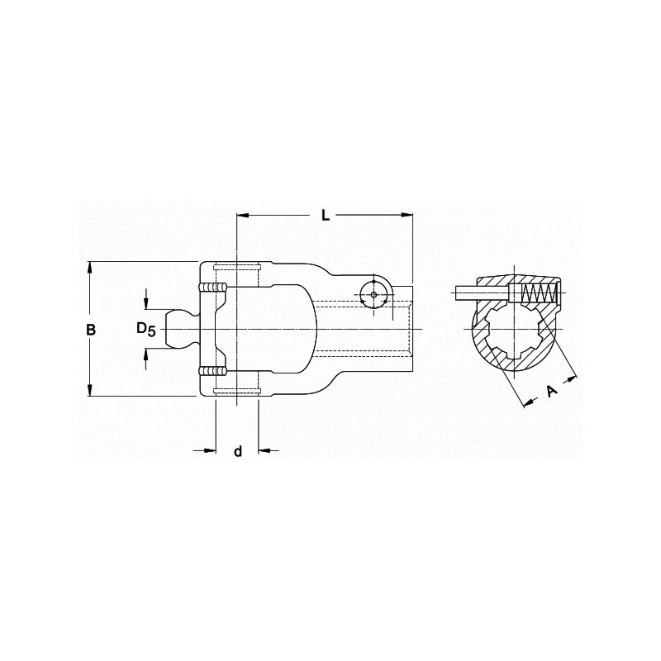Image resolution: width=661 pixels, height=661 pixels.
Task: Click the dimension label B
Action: pyautogui.click(x=92, y=330)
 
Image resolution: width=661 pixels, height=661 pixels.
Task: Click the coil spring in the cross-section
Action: pyautogui.click(x=541, y=293)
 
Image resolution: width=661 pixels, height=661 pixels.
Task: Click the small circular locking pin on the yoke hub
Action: pyautogui.click(x=374, y=295)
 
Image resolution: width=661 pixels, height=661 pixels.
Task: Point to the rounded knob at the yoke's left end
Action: pyautogui.click(x=178, y=329)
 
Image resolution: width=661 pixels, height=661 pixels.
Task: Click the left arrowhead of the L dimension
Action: pyautogui.click(x=242, y=216)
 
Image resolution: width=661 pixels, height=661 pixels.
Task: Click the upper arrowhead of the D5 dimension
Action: pyautogui.click(x=146, y=303)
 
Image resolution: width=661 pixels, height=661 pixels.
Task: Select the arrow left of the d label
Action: pyautogui.click(x=209, y=450)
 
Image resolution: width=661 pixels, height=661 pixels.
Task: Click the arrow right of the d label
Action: pyautogui.click(x=264, y=450)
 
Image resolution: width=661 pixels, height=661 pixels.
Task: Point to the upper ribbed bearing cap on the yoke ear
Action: pyautogui.click(x=212, y=287)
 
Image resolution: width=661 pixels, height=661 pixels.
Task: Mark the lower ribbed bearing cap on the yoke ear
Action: pyautogui.click(x=212, y=372)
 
